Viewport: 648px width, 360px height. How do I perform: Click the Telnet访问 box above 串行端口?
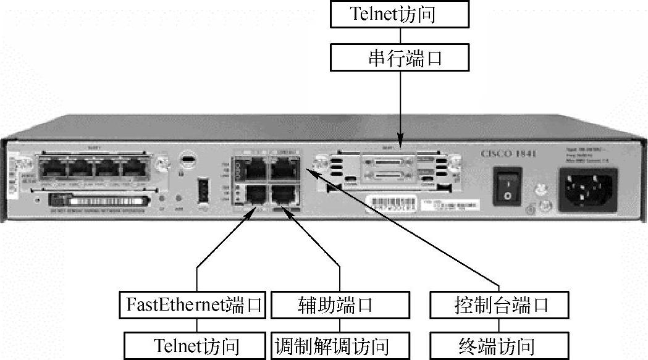pyautogui.click(x=392, y=14)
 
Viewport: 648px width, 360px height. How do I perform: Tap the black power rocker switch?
pyautogui.click(x=507, y=185)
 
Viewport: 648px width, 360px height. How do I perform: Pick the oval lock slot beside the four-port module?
pyautogui.click(x=186, y=159)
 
